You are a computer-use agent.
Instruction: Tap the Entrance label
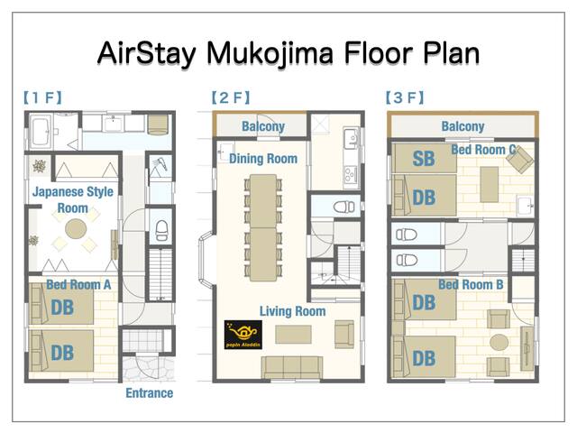(149, 393)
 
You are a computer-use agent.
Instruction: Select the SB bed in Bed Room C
(423, 160)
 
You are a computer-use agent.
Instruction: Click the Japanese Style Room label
(74, 199)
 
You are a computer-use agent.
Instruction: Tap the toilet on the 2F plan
(343, 207)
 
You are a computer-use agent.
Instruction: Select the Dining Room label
(262, 159)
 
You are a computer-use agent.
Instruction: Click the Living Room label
(292, 311)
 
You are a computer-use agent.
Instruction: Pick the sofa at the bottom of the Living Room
(292, 366)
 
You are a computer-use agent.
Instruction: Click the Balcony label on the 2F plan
(263, 127)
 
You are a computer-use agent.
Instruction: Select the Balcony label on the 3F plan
(463, 127)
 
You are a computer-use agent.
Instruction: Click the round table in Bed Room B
(499, 341)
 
